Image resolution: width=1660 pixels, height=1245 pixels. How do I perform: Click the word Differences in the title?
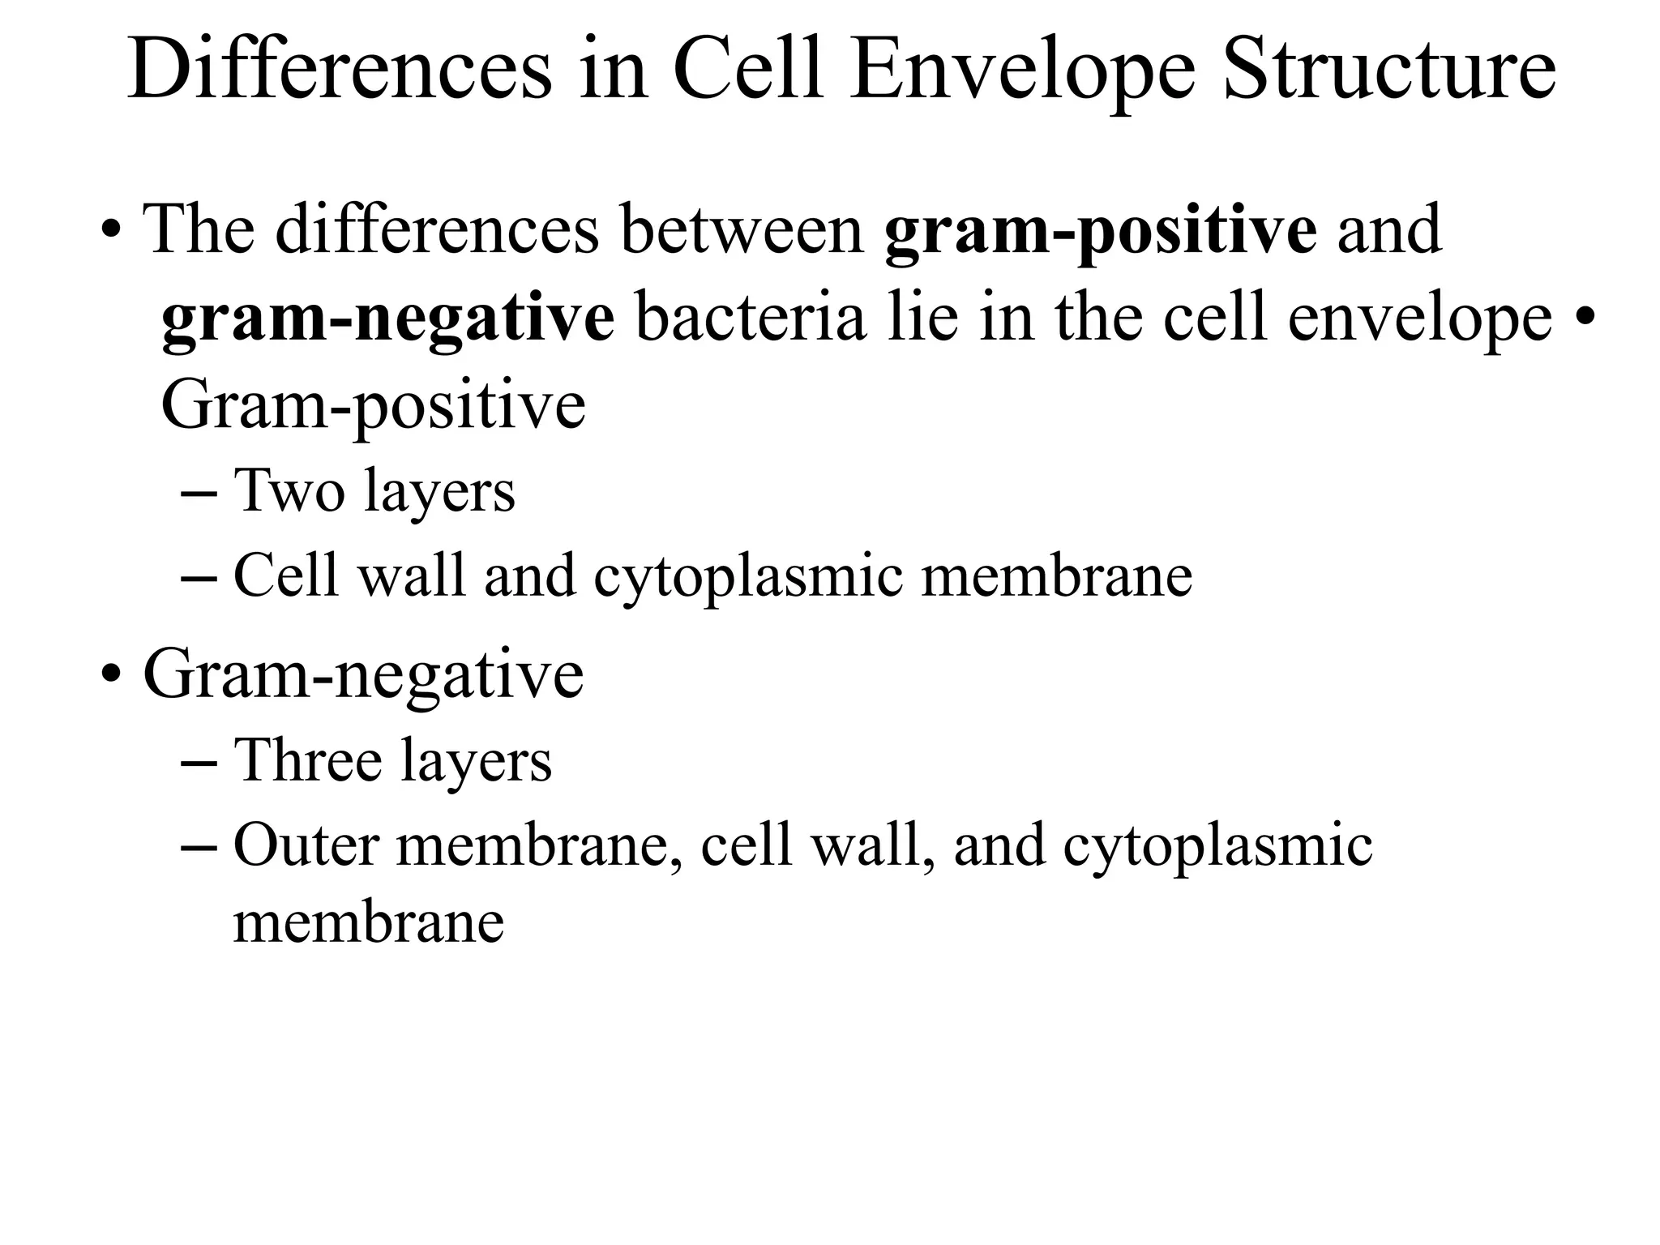[340, 70]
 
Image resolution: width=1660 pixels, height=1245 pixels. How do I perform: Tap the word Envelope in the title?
[1022, 71]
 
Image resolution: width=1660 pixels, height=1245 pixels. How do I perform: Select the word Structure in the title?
[1389, 70]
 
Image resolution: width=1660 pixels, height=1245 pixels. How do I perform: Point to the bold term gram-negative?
[387, 319]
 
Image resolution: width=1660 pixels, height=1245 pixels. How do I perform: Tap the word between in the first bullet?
[742, 230]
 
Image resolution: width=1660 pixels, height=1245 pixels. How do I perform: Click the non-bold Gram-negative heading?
[363, 674]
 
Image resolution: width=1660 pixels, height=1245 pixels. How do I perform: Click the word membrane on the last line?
[369, 922]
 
